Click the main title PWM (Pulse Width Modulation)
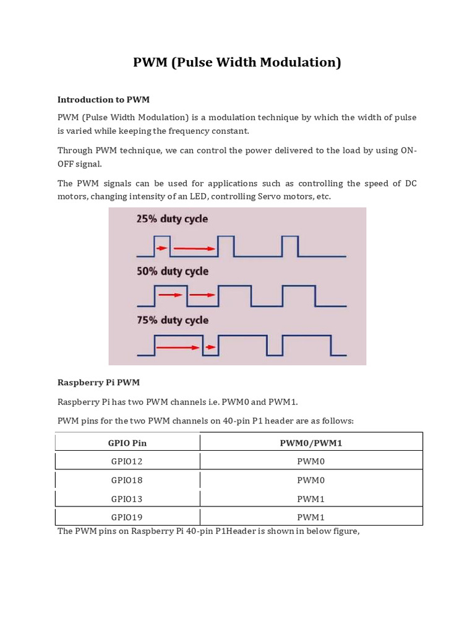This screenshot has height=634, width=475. [237, 63]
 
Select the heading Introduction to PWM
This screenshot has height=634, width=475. [103, 99]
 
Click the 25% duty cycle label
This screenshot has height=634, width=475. [172, 219]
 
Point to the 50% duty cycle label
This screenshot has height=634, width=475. [172, 271]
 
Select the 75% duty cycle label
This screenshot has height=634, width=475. [172, 320]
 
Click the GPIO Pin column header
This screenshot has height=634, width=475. [127, 443]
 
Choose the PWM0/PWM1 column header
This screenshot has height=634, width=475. [310, 443]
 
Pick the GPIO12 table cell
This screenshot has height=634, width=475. [127, 461]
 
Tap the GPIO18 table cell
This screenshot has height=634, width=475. [127, 480]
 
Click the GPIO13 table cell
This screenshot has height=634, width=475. [127, 498]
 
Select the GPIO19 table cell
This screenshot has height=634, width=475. [127, 517]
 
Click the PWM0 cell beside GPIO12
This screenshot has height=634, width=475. [310, 461]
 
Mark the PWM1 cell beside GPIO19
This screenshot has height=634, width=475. [310, 517]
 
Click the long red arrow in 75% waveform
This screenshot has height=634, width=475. [176, 349]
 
